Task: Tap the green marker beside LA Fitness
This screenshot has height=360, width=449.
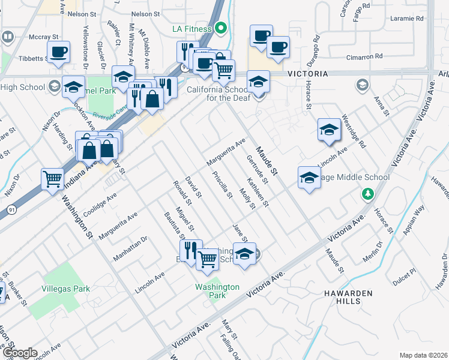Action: coord(221,28)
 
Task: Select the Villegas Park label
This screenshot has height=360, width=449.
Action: coord(65,289)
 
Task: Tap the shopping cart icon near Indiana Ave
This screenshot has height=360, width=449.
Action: coord(53,178)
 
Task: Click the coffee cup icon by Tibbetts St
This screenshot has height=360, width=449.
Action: coord(58,52)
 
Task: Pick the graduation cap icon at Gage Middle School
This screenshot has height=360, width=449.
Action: coord(309,177)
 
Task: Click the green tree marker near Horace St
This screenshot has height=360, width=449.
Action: coord(366,194)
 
